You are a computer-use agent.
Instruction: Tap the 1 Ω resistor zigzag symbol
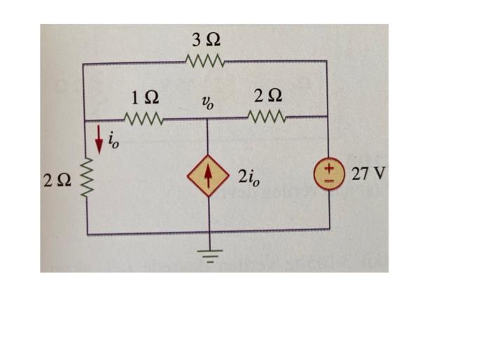(143, 118)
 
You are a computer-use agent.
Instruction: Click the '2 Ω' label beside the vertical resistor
(56, 183)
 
